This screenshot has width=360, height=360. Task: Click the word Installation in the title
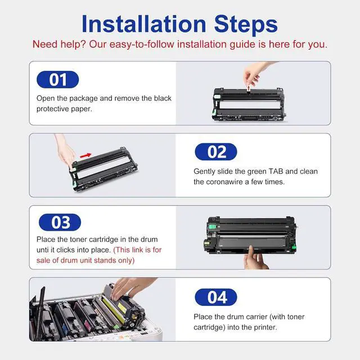pos(144,24)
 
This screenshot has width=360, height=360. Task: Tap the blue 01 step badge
pos(57,79)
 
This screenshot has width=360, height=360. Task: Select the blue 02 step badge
pos(216,152)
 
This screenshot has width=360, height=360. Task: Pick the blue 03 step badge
pos(60,222)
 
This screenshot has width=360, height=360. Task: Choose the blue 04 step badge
pos(216,298)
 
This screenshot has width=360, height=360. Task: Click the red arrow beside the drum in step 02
pos(85,156)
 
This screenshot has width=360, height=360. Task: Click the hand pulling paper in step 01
pos(255,73)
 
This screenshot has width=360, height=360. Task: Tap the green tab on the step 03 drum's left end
pos(212,227)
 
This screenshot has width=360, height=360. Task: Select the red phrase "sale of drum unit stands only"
pos(85,260)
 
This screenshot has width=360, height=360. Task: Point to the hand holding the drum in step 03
pos(255,258)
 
